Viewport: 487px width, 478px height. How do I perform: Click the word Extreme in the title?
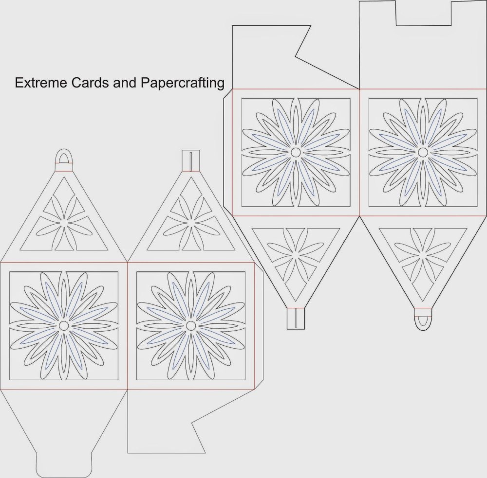click(x=41, y=83)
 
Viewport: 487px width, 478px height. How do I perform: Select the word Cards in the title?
click(x=91, y=83)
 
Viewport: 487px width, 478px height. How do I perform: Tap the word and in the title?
click(x=125, y=83)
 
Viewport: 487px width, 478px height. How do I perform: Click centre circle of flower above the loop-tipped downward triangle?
click(x=422, y=152)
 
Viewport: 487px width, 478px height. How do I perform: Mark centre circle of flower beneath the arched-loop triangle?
click(x=64, y=325)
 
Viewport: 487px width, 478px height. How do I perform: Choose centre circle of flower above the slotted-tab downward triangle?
click(x=296, y=152)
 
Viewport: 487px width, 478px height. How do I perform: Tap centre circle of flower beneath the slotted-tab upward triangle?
click(x=190, y=325)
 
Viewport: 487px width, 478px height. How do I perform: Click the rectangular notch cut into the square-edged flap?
click(x=424, y=13)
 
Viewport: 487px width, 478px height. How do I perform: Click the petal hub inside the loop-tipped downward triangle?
click(x=423, y=255)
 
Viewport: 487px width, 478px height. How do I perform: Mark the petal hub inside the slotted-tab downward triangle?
click(x=296, y=255)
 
